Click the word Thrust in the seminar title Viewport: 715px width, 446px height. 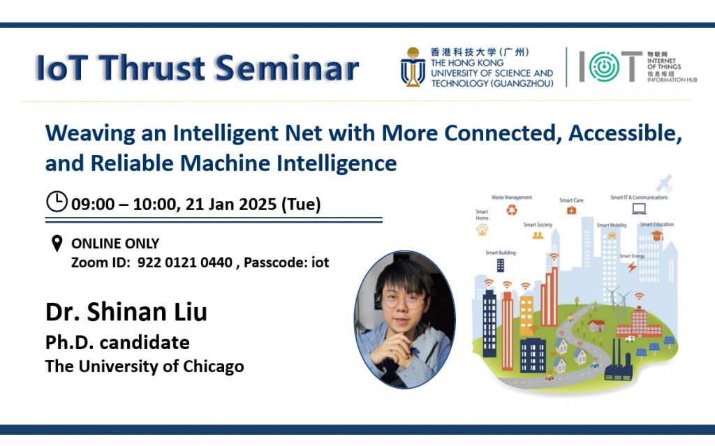[152, 68]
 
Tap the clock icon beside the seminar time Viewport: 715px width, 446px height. [57, 201]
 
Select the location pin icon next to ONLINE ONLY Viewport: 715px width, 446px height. [57, 244]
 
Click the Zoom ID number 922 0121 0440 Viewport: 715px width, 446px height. [184, 262]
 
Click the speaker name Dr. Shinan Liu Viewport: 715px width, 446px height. [126, 312]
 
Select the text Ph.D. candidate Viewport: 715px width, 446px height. [117, 343]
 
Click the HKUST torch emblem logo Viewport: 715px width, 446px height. [413, 67]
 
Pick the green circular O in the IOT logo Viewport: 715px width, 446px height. [604, 66]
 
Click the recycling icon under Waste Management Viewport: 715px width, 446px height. [512, 210]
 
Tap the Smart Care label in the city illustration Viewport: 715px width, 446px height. [571, 200]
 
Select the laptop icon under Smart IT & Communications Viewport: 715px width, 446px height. [639, 209]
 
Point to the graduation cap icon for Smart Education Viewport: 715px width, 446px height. [656, 235]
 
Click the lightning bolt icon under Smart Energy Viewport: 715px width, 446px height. [632, 267]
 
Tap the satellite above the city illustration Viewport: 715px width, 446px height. [665, 183]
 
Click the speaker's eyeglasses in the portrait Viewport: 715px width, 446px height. [403, 301]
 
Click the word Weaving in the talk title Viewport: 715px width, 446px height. [90, 133]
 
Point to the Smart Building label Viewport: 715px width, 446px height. [501, 253]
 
